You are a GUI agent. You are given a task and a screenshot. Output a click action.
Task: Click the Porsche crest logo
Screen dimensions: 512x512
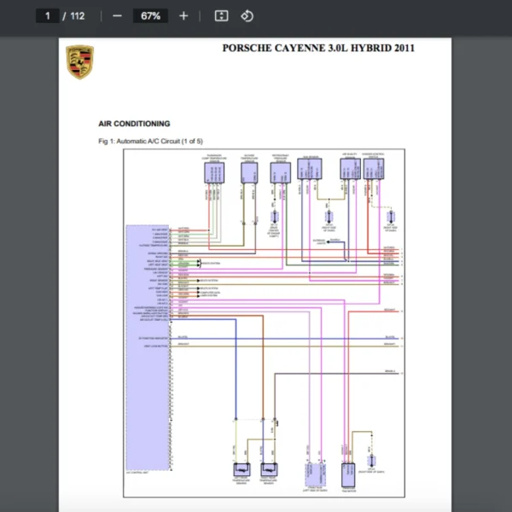79,62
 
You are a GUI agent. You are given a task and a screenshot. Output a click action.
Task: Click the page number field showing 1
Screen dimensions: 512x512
48,15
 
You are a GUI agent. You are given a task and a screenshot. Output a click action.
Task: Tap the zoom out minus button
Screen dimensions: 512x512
117,15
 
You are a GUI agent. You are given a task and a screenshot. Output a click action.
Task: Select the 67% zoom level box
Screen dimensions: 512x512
151,15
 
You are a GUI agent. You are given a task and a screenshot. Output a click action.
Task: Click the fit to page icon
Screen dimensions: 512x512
221,15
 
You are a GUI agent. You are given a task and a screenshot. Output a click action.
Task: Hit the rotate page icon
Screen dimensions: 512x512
247,15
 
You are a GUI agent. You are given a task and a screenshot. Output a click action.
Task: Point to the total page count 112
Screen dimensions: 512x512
77,15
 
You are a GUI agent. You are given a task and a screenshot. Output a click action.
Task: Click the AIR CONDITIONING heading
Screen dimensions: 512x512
134,124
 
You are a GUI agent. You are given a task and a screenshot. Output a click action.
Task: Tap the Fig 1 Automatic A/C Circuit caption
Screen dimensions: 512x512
150,141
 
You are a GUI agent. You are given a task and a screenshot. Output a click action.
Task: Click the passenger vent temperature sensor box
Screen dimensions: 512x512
214,172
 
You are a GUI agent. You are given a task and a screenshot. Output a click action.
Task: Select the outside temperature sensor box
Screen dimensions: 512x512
249,172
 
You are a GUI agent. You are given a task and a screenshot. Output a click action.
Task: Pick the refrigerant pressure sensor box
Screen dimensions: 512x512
280,172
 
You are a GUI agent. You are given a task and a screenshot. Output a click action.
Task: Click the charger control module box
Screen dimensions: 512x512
373,169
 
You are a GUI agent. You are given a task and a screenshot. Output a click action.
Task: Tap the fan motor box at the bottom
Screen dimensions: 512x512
347,474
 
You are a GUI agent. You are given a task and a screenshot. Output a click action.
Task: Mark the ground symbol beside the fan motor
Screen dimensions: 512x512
372,462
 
